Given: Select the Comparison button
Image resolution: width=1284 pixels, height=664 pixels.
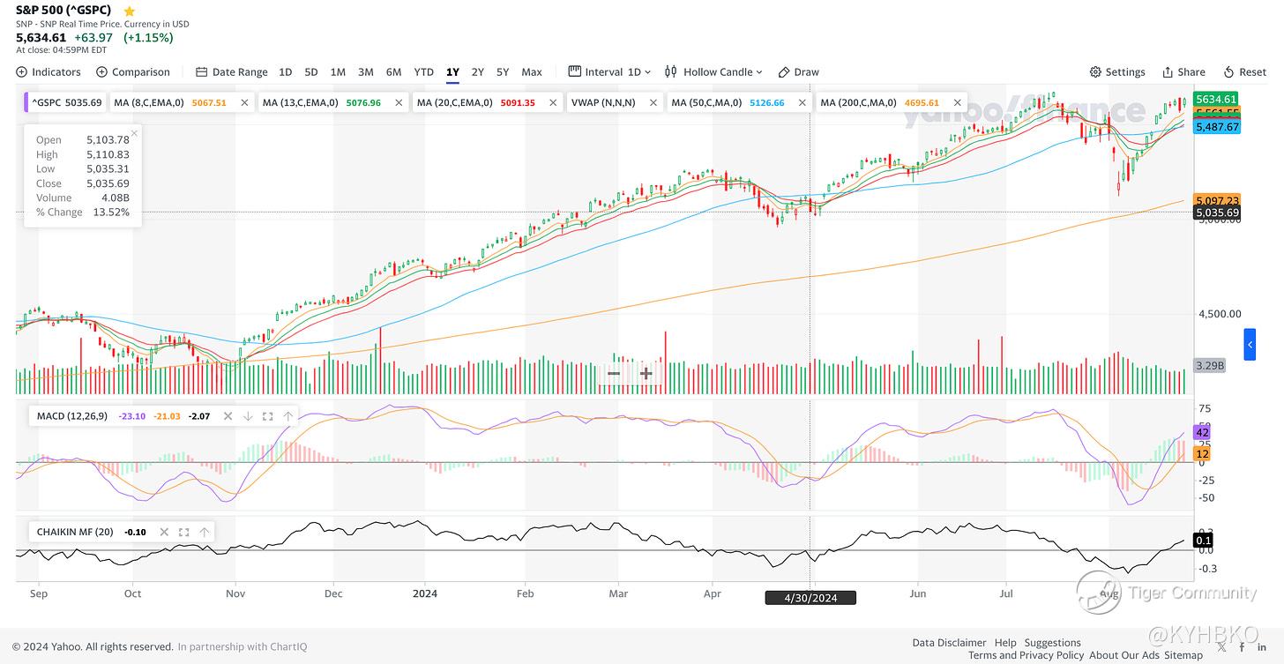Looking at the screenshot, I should (x=133, y=72).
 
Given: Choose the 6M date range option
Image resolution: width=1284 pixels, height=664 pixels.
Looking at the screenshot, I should (x=393, y=72).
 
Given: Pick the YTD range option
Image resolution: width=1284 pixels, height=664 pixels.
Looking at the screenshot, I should (x=423, y=72).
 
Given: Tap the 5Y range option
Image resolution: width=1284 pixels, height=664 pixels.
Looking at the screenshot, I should (x=503, y=72).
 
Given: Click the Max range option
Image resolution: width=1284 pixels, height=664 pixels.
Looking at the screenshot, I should (x=532, y=72).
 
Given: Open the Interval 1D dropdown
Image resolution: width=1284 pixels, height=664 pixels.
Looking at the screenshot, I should (x=610, y=72).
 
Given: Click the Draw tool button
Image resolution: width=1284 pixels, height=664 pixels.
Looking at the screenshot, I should (x=799, y=72).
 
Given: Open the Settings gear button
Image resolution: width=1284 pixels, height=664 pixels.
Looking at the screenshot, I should (x=1117, y=72).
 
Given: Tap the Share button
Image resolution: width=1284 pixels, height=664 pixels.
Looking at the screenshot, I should (x=1183, y=72).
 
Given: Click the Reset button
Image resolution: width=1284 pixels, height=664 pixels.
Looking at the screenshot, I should (x=1244, y=72).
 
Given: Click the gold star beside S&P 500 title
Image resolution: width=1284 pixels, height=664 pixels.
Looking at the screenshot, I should (x=130, y=11).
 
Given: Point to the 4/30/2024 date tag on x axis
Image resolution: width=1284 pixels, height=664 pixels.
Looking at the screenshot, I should (x=811, y=598).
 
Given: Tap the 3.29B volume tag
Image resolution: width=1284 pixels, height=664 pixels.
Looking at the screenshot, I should (x=1209, y=365).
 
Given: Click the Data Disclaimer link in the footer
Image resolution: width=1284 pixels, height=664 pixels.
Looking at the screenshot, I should (x=949, y=643).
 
